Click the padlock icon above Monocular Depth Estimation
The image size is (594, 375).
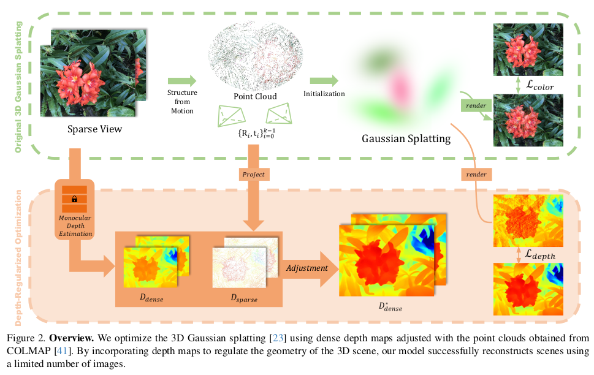point(74,199)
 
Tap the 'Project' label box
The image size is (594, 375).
point(253,174)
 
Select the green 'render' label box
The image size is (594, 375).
point(476,106)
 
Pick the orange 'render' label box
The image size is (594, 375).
point(476,174)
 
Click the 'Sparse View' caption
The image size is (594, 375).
point(95,129)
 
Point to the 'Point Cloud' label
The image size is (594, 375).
point(255,97)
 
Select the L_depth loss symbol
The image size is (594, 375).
point(539,253)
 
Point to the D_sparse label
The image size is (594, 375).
point(243,299)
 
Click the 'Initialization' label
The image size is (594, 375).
point(324,94)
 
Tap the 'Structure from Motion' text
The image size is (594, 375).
point(180,101)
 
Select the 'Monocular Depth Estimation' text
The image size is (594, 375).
point(74,225)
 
